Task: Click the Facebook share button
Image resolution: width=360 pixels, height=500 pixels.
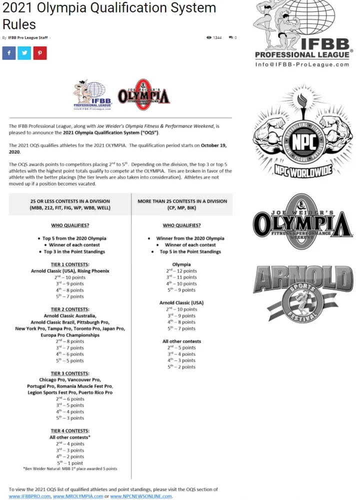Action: (x=9, y=53)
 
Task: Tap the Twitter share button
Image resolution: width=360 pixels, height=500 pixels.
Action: (x=24, y=53)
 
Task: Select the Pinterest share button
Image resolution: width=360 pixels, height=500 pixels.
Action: (x=40, y=53)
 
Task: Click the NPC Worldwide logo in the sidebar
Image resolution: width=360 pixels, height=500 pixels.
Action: (x=299, y=132)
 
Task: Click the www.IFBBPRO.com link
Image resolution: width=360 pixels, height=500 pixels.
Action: (x=29, y=496)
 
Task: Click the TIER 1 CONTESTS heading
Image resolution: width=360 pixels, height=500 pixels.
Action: (x=70, y=264)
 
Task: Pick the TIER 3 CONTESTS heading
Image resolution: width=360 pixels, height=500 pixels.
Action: (x=70, y=373)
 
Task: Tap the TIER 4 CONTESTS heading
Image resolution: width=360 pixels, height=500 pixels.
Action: (x=70, y=431)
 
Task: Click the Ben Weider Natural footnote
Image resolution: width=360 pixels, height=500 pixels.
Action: (x=69, y=469)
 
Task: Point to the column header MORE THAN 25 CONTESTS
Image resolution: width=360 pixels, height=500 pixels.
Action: (x=182, y=201)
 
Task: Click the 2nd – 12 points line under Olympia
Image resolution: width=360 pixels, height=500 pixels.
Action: (x=181, y=270)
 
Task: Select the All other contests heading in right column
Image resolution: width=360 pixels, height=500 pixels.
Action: (x=181, y=341)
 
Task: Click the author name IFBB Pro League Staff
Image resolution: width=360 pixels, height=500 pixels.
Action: (x=28, y=37)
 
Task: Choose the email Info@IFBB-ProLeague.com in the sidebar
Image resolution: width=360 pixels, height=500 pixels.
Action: (x=302, y=64)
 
